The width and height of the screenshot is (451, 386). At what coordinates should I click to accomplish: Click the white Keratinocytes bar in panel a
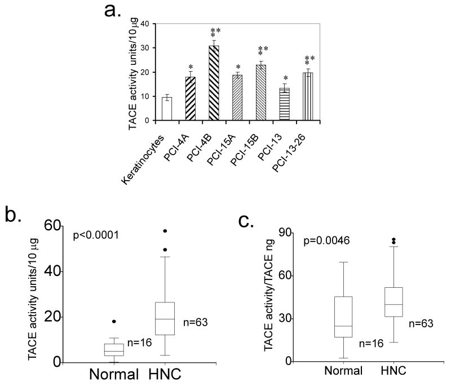click(166, 108)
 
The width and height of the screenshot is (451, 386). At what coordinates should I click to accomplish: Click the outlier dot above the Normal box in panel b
click(114, 321)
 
